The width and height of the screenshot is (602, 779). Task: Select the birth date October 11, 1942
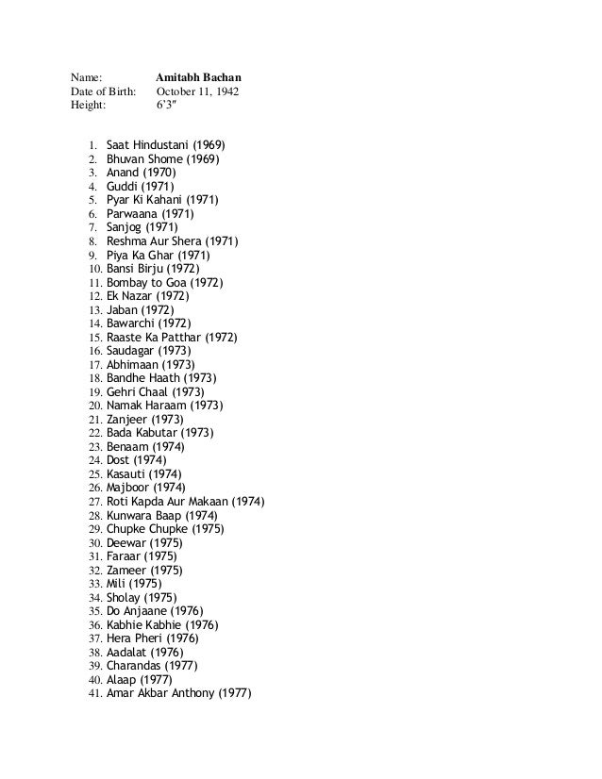pyautogui.click(x=197, y=91)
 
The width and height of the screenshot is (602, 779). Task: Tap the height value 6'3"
pyautogui.click(x=166, y=106)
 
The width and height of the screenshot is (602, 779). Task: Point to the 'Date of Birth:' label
pyautogui.click(x=102, y=91)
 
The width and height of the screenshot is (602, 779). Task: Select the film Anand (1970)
pyautogui.click(x=142, y=173)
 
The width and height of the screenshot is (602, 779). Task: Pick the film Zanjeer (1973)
pyautogui.click(x=145, y=419)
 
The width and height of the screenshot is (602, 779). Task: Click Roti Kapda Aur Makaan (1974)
pyautogui.click(x=185, y=501)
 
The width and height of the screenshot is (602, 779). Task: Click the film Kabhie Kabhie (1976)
pyautogui.click(x=161, y=624)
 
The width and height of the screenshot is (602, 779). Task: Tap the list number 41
pyautogui.click(x=93, y=692)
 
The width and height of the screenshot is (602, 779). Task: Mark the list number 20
pyautogui.click(x=93, y=406)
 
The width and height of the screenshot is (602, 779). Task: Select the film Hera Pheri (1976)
pyautogui.click(x=152, y=638)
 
